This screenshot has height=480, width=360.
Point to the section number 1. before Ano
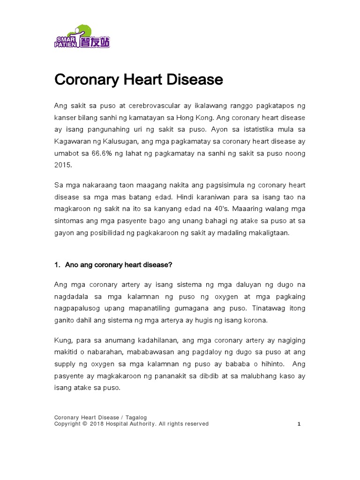click(58, 265)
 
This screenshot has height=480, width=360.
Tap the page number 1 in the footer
click(299, 424)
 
